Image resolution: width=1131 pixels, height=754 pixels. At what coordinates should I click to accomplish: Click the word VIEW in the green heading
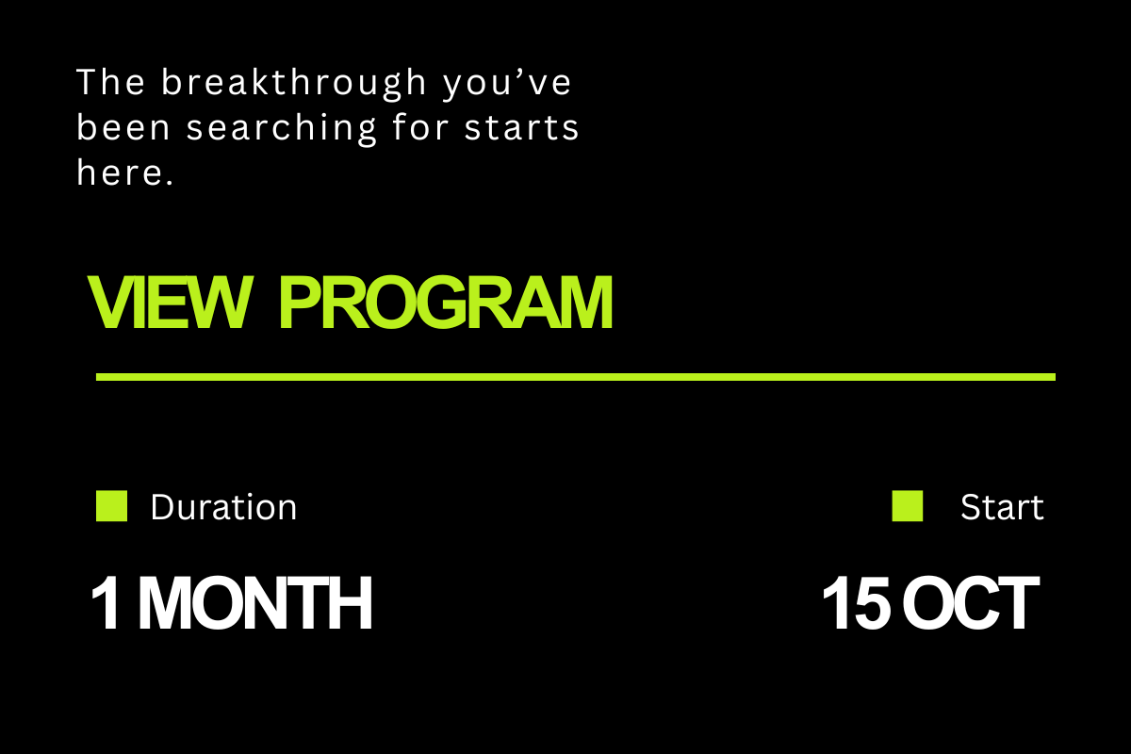[x=170, y=303]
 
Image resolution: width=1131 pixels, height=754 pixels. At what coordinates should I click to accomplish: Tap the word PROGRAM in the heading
[x=446, y=303]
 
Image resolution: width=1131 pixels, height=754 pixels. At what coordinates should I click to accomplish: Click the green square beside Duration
[x=111, y=505]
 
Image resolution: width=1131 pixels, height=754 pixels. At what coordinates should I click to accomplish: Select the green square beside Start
[x=908, y=505]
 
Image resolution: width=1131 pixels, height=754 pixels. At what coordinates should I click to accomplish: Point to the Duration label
[x=223, y=507]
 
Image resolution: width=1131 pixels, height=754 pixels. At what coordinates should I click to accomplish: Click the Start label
[x=1002, y=507]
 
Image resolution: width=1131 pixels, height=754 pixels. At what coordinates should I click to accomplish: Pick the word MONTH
[x=255, y=603]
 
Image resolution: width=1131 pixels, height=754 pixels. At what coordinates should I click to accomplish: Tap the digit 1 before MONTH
[x=106, y=603]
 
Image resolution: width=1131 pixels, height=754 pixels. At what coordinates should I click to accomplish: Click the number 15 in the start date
[x=857, y=603]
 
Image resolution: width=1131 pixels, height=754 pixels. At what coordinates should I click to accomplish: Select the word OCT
[x=971, y=603]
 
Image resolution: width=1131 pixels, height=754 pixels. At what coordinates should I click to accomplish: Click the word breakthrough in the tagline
[x=294, y=83]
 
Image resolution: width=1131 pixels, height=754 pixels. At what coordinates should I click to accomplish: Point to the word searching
[x=282, y=128]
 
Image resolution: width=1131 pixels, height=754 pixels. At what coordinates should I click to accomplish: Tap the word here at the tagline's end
[x=119, y=172]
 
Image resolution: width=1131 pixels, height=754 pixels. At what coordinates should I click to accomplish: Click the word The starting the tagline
[x=110, y=82]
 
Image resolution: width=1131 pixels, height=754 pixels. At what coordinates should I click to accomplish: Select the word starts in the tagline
[x=521, y=128]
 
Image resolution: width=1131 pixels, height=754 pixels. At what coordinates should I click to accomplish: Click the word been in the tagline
[x=123, y=127]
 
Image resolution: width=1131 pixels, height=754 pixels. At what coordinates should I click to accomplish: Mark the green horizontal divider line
[x=576, y=377]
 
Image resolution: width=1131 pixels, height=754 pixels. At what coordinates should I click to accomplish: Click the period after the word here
[x=170, y=182]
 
